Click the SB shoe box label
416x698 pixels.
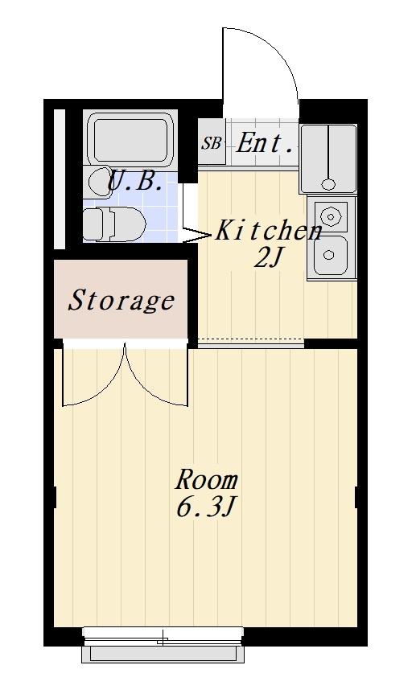pyautogui.click(x=211, y=143)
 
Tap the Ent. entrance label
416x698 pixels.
pyautogui.click(x=266, y=143)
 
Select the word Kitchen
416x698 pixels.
pyautogui.click(x=269, y=232)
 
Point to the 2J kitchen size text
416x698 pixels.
pyautogui.click(x=269, y=257)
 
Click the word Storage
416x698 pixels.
pyautogui.click(x=121, y=301)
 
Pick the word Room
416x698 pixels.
pyautogui.click(x=207, y=480)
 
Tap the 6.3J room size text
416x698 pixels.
pyautogui.click(x=206, y=507)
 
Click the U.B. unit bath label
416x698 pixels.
pyautogui.click(x=135, y=181)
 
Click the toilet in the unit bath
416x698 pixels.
pyautogui.click(x=114, y=224)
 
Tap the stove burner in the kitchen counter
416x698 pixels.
pyautogui.click(x=331, y=217)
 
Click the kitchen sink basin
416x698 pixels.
pyautogui.click(x=330, y=255)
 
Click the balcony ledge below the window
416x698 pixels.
pyautogui.click(x=163, y=654)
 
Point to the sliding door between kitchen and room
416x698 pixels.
pyautogui.click(x=251, y=343)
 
